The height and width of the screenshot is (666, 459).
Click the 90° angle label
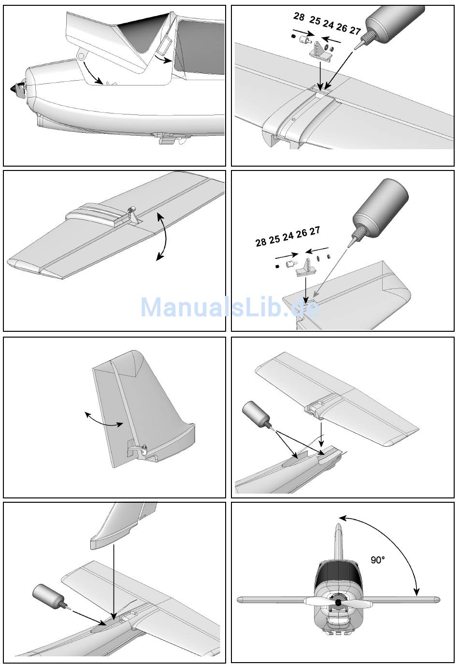tap(378, 560)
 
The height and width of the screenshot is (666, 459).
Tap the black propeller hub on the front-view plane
tap(338, 603)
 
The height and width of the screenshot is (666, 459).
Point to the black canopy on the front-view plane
tap(338, 574)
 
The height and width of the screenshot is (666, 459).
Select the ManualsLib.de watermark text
tap(229, 307)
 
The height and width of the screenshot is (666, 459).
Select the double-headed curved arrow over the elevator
tap(165, 237)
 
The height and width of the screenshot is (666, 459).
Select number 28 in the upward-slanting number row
tap(261, 242)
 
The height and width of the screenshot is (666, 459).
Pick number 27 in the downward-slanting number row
tap(355, 31)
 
